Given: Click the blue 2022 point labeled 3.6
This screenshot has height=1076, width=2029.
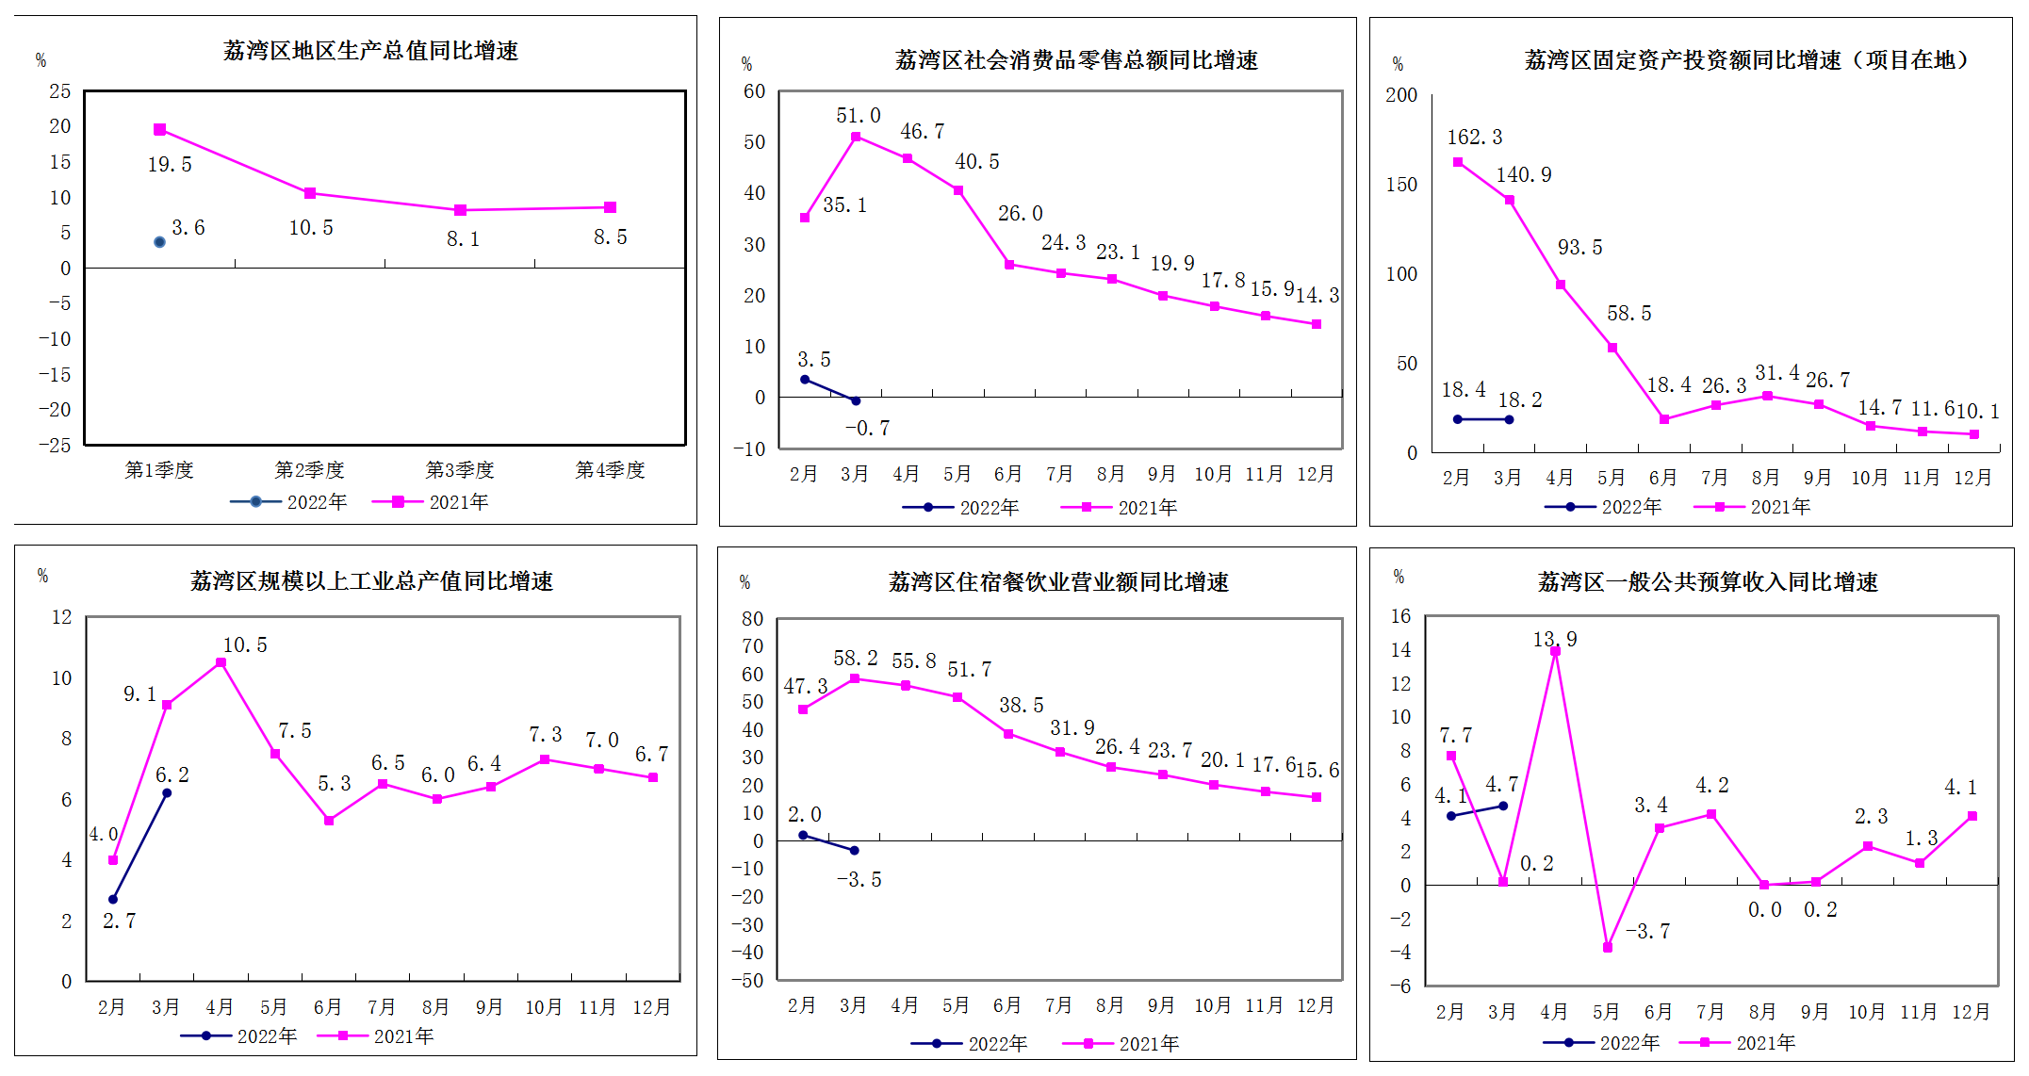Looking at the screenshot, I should point(159,242).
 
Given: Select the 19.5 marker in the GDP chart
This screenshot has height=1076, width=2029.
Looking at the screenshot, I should point(159,129).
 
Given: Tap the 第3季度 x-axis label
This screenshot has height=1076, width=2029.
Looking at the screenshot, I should point(460,469).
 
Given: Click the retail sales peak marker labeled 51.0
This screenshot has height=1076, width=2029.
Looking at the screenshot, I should point(856,137).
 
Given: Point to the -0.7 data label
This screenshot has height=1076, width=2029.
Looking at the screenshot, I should point(867,428).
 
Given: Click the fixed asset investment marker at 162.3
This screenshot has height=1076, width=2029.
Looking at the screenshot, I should point(1458,162).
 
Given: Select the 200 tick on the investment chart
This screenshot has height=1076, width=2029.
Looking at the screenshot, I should point(1401,95).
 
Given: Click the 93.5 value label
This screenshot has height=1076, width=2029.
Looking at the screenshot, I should point(1579,247).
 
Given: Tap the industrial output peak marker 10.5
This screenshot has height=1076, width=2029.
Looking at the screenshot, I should point(221,662).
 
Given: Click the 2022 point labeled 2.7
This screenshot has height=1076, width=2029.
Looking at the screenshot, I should point(113,899).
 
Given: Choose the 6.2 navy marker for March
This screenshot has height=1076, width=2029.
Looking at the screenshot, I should point(167,792).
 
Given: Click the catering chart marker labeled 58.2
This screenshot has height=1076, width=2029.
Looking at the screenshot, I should point(855,678).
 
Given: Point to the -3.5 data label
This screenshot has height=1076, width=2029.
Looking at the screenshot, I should point(859,879).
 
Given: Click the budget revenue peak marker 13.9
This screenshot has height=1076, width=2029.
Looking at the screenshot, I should point(1555,651).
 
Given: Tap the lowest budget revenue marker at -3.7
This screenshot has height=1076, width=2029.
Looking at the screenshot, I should point(1607,947).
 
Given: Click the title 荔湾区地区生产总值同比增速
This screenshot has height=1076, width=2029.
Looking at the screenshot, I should point(370,51).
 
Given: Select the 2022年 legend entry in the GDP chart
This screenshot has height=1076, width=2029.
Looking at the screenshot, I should point(288,502).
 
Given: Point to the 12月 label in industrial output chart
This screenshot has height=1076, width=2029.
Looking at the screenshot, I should point(651,1006).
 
